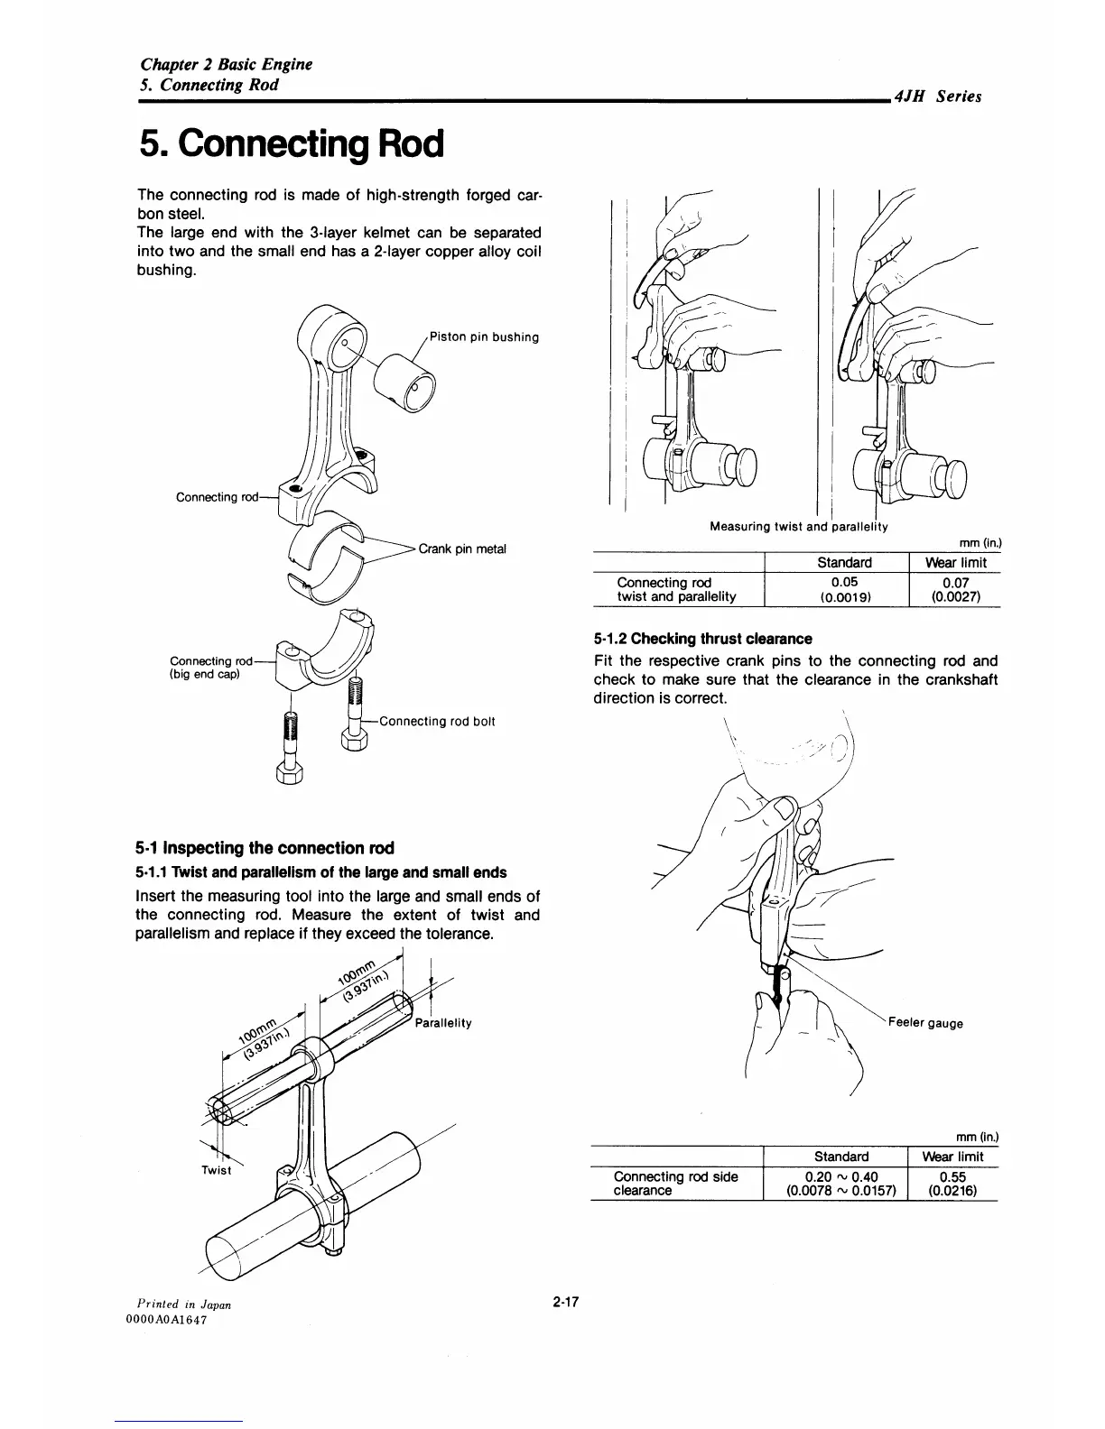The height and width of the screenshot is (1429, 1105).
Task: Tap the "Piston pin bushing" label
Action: [485, 337]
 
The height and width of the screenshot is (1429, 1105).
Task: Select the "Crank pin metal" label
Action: [463, 549]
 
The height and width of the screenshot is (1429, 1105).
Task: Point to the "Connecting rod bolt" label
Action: [438, 721]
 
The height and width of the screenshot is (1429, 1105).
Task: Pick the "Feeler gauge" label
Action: [925, 1023]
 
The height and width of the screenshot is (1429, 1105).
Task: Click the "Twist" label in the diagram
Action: [217, 1170]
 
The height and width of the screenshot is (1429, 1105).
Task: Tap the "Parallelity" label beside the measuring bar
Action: [444, 1024]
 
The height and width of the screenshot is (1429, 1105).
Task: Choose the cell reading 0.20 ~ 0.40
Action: [840, 1175]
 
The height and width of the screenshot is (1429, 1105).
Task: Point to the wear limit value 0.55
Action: [952, 1176]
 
